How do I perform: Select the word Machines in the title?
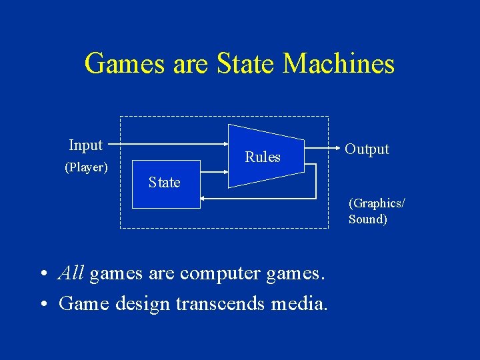[x=339, y=64]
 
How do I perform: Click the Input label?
[x=85, y=145]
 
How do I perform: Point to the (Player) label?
[x=86, y=167]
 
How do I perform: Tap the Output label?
[x=367, y=149]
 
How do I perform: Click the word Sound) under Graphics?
[x=367, y=219]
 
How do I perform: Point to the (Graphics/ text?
[x=377, y=203]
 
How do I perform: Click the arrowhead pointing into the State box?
[x=204, y=198]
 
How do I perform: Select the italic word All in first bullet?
[x=71, y=273]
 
